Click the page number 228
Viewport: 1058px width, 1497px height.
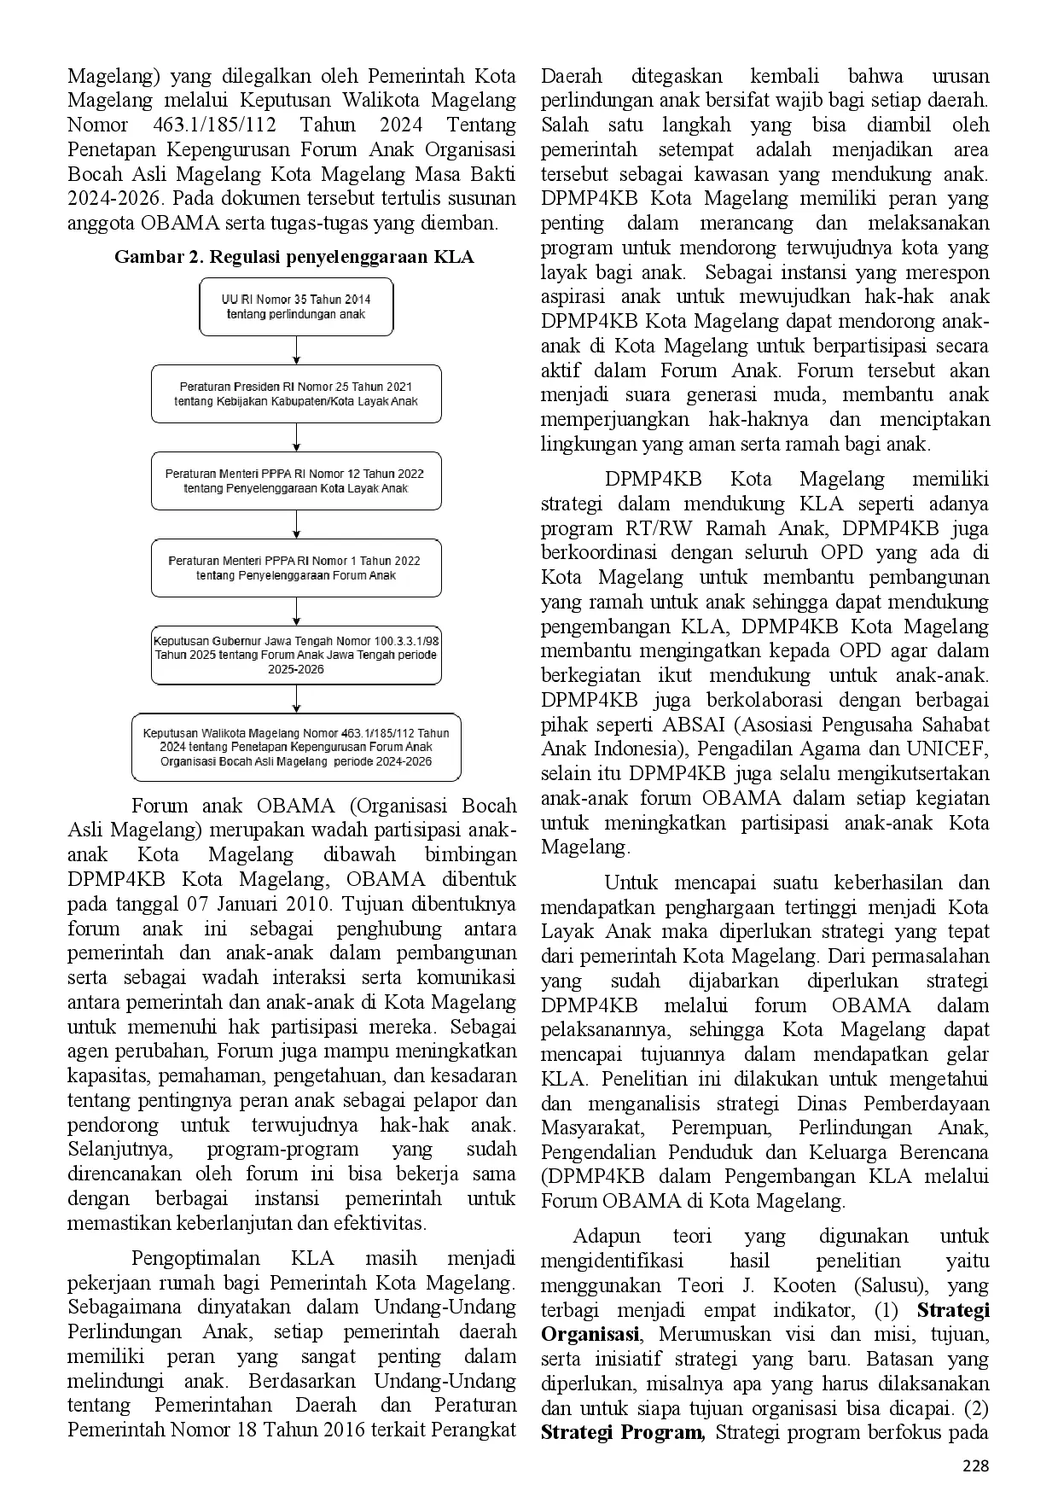(975, 1466)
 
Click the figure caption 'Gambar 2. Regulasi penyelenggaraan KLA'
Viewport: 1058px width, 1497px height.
(294, 256)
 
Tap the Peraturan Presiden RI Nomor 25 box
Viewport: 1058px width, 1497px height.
(296, 394)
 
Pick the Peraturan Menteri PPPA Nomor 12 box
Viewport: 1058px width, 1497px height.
(296, 481)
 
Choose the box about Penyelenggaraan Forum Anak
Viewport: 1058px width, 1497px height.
(296, 568)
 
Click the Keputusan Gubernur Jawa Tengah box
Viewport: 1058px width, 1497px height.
(296, 655)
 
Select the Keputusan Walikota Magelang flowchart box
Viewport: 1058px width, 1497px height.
(296, 747)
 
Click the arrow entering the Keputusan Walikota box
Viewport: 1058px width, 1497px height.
(296, 699)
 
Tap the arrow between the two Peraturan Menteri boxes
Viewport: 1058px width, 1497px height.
(296, 524)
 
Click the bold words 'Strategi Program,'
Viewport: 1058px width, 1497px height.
(622, 1432)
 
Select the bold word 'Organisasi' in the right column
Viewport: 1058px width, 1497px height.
(590, 1334)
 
